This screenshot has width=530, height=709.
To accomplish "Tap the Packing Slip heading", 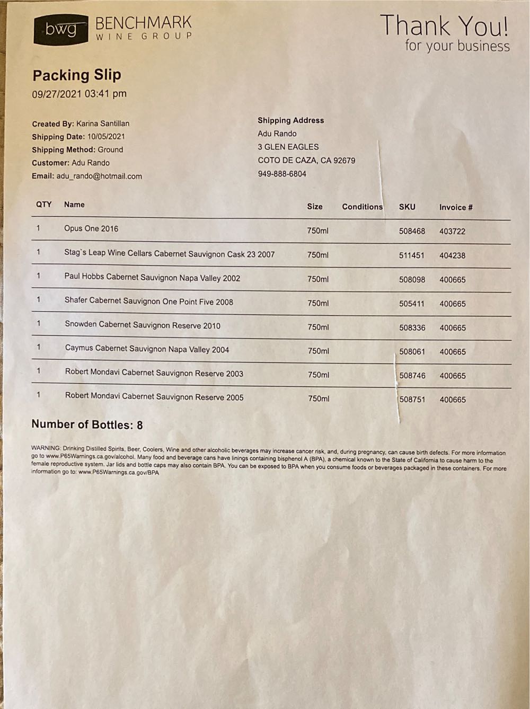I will pyautogui.click(x=77, y=75).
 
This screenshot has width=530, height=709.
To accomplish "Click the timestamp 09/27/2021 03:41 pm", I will pyautogui.click(x=79, y=94).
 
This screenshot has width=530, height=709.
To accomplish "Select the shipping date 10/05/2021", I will pyautogui.click(x=106, y=137).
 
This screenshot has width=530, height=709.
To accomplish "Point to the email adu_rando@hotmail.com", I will pyautogui.click(x=99, y=176).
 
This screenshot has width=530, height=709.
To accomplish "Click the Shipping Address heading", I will pyautogui.click(x=290, y=120).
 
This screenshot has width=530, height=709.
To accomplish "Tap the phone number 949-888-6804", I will pyautogui.click(x=282, y=174).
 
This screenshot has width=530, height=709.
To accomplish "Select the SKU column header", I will pyautogui.click(x=407, y=207).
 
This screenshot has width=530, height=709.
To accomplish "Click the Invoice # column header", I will pyautogui.click(x=456, y=207).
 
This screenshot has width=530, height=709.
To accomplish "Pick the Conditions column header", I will pyautogui.click(x=362, y=207).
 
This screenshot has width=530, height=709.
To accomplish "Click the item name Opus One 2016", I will pyautogui.click(x=91, y=228).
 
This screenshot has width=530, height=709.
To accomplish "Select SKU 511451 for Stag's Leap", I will pyautogui.click(x=412, y=255).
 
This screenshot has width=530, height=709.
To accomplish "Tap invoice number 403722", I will pyautogui.click(x=452, y=232).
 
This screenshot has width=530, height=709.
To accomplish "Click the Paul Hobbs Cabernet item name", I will pyautogui.click(x=152, y=277).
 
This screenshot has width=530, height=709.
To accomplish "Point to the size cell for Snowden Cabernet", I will pyautogui.click(x=318, y=327).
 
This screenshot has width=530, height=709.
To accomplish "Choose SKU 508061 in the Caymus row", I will pyautogui.click(x=412, y=351).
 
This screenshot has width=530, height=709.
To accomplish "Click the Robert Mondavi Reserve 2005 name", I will pyautogui.click(x=154, y=397).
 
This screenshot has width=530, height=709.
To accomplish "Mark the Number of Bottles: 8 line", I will pyautogui.click(x=87, y=425).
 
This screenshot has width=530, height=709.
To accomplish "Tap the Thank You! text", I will pyautogui.click(x=444, y=25).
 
